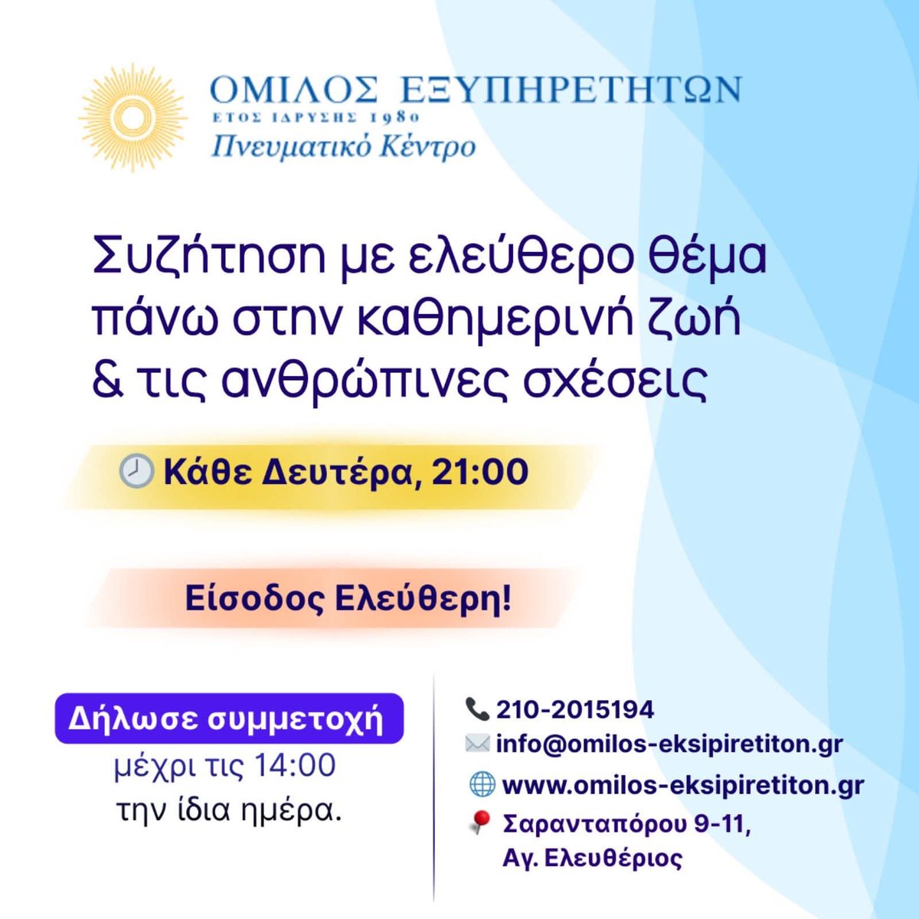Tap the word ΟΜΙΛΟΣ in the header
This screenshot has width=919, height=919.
click(293, 90)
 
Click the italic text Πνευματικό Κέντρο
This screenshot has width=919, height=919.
click(343, 146)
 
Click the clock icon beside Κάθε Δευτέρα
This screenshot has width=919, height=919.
click(136, 471)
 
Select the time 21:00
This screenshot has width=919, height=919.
click(480, 472)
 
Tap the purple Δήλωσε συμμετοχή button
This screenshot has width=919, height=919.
click(228, 719)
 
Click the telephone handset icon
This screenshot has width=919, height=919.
click(476, 709)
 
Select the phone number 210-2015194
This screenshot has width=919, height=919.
click(575, 710)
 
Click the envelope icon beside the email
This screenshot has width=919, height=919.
click(476, 744)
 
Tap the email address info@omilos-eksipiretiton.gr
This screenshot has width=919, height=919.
click(669, 744)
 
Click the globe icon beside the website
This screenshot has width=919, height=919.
click(481, 785)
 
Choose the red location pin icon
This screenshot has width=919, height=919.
click(479, 823)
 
